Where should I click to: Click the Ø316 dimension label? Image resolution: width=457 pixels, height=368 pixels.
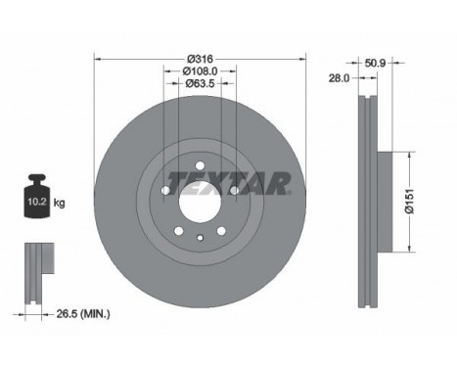[x=200, y=59]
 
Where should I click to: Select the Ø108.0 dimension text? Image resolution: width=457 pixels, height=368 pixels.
[x=200, y=70]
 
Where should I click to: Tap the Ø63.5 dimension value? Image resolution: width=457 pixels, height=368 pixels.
[x=200, y=83]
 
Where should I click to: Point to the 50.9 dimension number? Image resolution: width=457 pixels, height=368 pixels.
[x=375, y=63]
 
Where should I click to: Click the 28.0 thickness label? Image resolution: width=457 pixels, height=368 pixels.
[x=339, y=78]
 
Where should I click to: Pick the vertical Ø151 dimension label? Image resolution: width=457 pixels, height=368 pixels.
[x=409, y=202]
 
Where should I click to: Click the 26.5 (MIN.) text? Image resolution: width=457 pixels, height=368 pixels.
[x=83, y=314]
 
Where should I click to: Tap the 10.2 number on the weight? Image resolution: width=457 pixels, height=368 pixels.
[x=36, y=202]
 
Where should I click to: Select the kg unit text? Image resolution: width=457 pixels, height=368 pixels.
[x=59, y=204]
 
